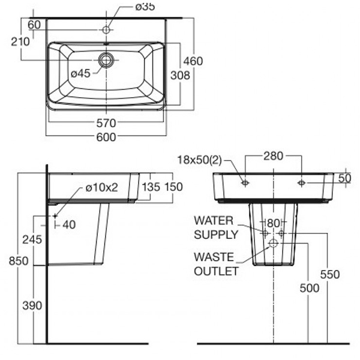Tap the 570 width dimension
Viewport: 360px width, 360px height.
point(106,123)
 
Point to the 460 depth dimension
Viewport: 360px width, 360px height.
point(193,61)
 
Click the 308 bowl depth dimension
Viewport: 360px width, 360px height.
point(180,75)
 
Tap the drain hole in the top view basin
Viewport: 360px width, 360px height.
point(107,59)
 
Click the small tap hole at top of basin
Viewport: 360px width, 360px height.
point(107,29)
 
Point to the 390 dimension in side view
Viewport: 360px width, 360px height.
point(34,305)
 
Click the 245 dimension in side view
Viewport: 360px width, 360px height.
point(34,239)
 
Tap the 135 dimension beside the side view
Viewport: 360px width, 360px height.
point(151,187)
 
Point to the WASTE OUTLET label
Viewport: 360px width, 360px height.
point(215,263)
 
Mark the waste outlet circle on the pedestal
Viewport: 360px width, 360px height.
point(273,243)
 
